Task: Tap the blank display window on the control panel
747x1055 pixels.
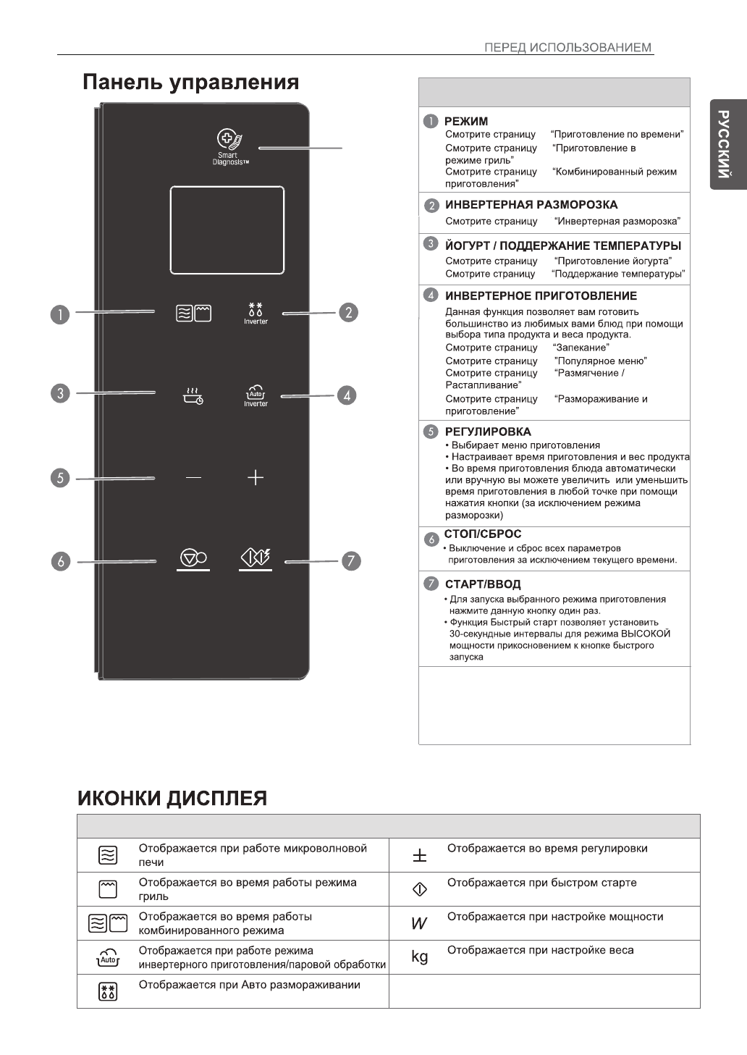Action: pos(227,230)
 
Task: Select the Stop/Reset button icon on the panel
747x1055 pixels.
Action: pos(193,558)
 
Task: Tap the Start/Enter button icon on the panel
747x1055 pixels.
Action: pos(256,558)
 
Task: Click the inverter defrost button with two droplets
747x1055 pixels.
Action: pos(256,312)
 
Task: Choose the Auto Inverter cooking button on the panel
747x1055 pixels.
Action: pos(256,395)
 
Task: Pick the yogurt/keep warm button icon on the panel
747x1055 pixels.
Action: pos(193,395)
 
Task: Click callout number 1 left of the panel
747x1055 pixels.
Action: pos(60,314)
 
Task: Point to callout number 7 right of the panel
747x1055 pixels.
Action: pos(350,561)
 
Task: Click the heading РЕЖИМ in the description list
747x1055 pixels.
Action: pos(466,121)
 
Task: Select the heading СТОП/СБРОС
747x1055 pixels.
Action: pos(483,534)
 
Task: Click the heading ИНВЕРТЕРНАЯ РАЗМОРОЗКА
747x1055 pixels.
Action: pos(531,205)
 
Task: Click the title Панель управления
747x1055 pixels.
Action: pos(190,82)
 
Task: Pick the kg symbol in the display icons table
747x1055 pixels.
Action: pos(420,957)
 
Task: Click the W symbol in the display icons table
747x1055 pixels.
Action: pos(419,923)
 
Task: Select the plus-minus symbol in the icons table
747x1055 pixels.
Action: pos(420,856)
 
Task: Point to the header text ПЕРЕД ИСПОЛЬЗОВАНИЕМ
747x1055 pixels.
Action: pos(568,48)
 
